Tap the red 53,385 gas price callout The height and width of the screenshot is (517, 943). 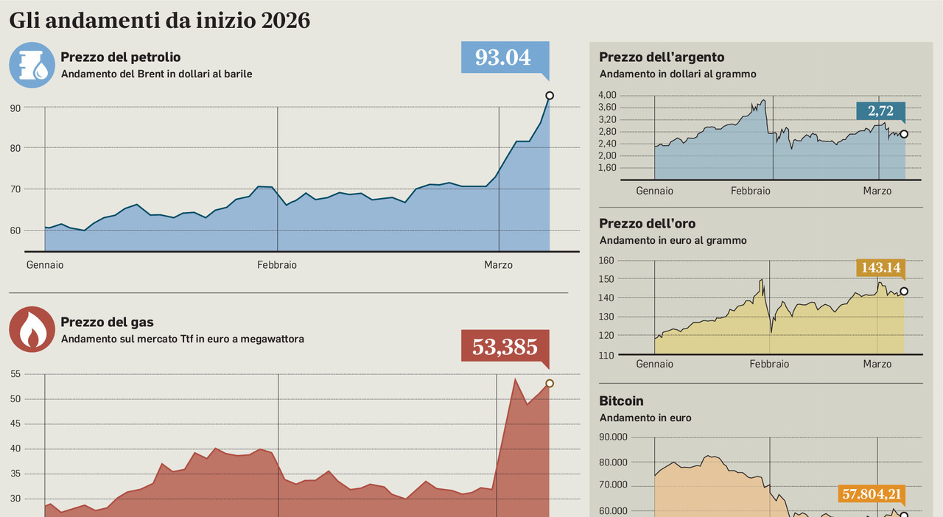pos(505,346)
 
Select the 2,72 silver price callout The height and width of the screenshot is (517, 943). pos(880,111)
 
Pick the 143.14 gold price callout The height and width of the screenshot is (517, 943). pos(880,268)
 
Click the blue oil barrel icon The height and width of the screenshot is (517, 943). pos(32,65)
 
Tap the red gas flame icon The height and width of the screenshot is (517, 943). pos(32,330)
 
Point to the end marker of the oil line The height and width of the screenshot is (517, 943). pos(549,96)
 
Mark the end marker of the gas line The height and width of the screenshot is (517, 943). pos(549,384)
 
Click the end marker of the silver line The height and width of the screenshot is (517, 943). pos(904,134)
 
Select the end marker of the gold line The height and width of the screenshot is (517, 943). pos(904,291)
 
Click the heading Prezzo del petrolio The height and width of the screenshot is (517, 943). pos(121,57)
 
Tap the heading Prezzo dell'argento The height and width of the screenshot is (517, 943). pos(662,57)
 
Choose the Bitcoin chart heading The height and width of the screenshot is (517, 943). pos(621,401)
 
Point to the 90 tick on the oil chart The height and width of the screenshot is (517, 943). pos(15,108)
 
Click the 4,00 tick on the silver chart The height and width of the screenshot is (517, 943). pos(607,95)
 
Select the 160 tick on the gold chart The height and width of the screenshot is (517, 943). pos(607,260)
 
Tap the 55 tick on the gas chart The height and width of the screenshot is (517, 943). pos(15,374)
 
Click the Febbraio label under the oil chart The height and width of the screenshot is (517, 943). pos(277,265)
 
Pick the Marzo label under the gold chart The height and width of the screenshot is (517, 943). pos(877,364)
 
